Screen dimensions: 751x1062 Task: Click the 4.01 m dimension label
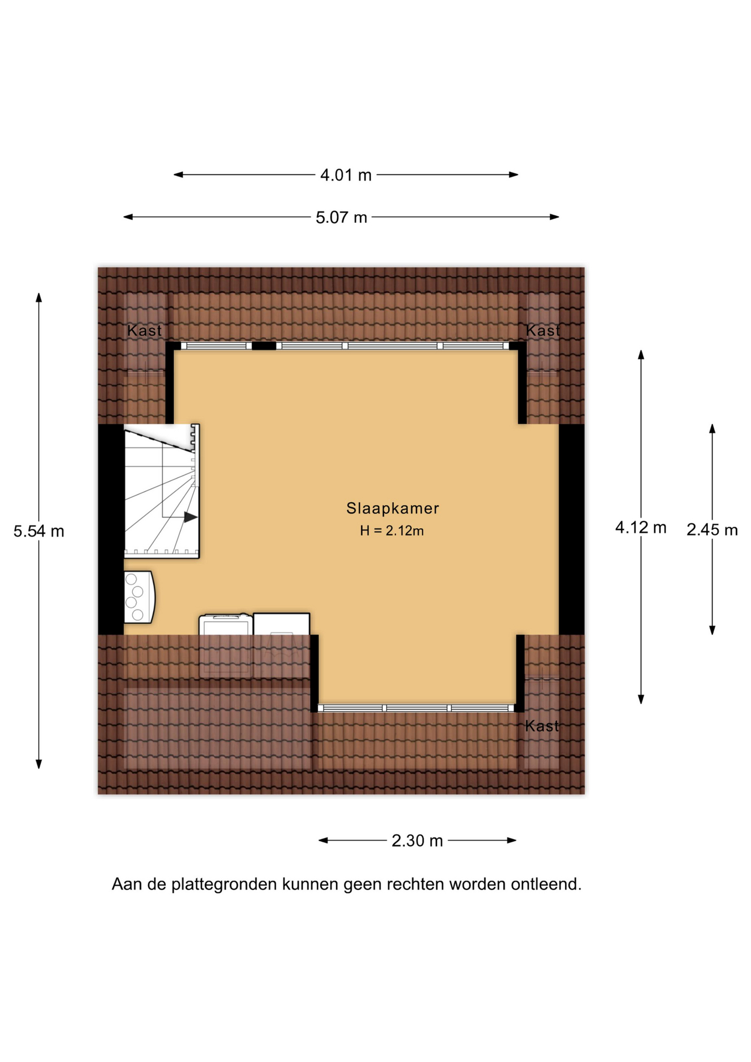346,175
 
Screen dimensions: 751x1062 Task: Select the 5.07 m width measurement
341,217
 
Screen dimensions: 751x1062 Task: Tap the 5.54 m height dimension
39,531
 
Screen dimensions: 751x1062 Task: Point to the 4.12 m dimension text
640,527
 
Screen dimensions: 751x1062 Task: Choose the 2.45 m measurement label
712,530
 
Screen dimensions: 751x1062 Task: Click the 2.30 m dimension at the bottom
417,841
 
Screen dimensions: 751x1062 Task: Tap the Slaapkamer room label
393,508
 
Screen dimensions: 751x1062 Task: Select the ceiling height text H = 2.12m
392,531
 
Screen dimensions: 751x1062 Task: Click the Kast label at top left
144,331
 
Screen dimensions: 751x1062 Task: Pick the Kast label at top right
543,331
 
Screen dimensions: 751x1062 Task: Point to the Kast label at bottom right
542,726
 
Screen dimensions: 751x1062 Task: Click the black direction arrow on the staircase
191,517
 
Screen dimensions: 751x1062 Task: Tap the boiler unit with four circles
139,597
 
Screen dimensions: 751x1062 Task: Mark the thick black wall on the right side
571,529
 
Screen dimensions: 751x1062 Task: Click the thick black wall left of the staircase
111,529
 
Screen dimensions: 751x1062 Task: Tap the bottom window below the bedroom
416,708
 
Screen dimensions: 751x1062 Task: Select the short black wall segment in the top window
264,346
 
